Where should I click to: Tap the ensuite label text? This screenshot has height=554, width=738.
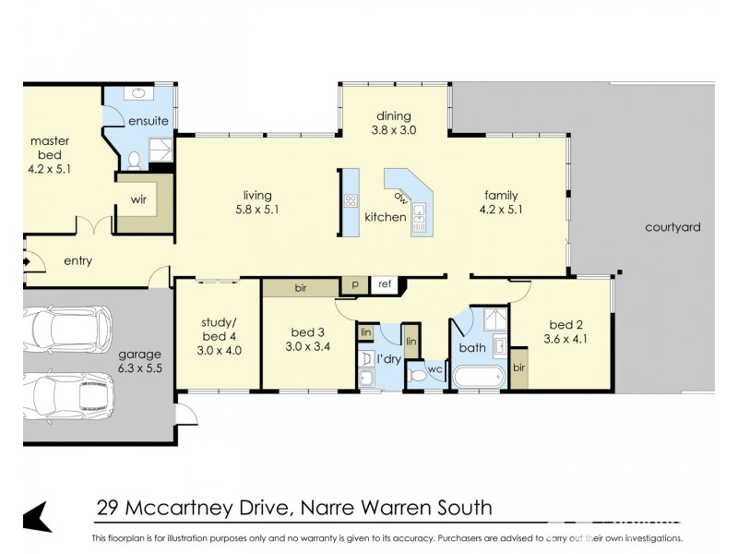coord(148,121)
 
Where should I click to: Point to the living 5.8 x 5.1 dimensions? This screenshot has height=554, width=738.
coord(257,210)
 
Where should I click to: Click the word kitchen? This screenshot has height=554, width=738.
coord(385,217)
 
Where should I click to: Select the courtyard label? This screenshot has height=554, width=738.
coord(673,227)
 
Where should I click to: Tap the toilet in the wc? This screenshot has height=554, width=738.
coord(417,374)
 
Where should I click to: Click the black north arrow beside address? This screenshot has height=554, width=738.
coord(36,515)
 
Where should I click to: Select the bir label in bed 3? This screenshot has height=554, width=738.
coord(300,288)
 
